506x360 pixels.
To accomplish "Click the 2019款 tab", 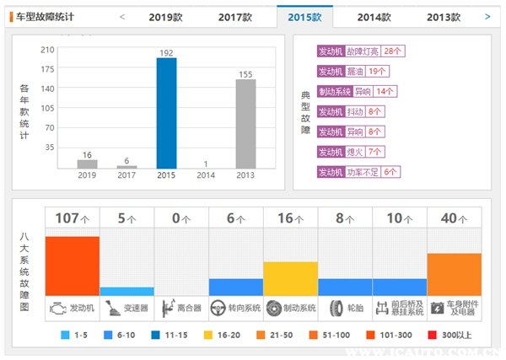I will pos(165,16).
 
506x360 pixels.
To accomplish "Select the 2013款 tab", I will pos(444,16).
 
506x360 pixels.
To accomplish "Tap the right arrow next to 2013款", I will pos(487,16).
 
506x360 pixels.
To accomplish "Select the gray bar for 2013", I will pos(245,123).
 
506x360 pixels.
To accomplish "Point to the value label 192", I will pos(166,52).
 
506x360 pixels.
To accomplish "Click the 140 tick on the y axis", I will pos(49,88).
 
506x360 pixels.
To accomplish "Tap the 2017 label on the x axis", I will pos(126,175).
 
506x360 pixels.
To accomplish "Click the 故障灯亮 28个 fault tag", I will pos(361,51).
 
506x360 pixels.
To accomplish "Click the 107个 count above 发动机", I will pos(72,218).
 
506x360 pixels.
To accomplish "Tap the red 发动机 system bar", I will pos(73,266).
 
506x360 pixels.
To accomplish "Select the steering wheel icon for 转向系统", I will pos(218,308).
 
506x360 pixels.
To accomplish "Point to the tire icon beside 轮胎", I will pos(336,308).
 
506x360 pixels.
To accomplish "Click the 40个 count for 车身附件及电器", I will pos(454,218).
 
